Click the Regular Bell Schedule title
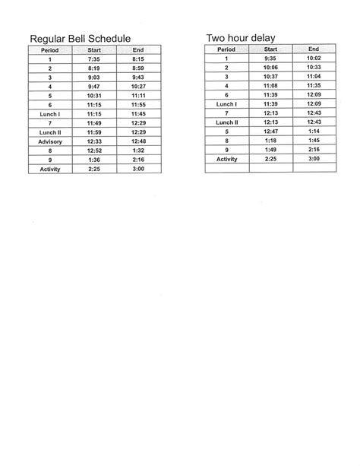coord(80,38)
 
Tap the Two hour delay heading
coord(240,37)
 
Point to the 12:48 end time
coord(138,141)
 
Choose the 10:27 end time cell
coord(138,86)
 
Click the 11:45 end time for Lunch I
coord(138,113)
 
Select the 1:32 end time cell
coord(138,151)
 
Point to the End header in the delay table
coord(313,49)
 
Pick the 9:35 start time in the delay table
coord(270,58)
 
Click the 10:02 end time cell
coord(313,58)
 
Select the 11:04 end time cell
coord(313,76)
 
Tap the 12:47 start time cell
coord(270,132)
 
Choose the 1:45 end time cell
coord(313,141)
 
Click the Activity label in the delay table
coord(226,159)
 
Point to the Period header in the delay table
coord(226,49)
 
